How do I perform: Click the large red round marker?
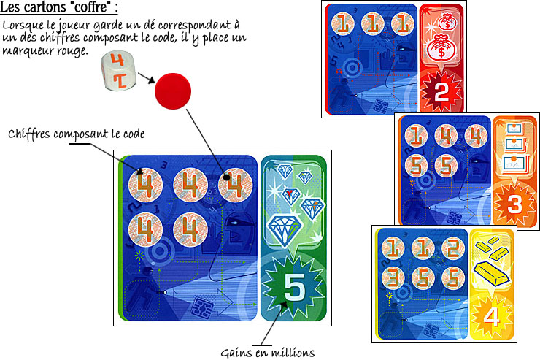172,90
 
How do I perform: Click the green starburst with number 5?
293,288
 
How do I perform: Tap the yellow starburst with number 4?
493,318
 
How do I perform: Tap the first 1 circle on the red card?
345,24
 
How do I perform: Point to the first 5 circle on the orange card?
416,165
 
